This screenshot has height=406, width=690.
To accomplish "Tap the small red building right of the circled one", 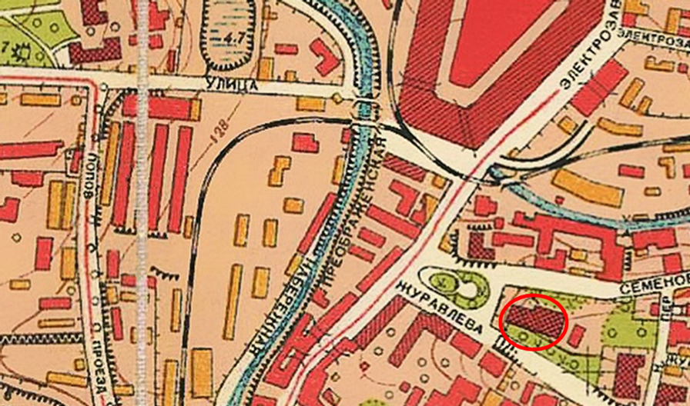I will pyautogui.click(x=576, y=335).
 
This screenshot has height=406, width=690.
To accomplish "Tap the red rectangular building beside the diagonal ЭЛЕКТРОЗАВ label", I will pyautogui.click(x=600, y=87).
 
